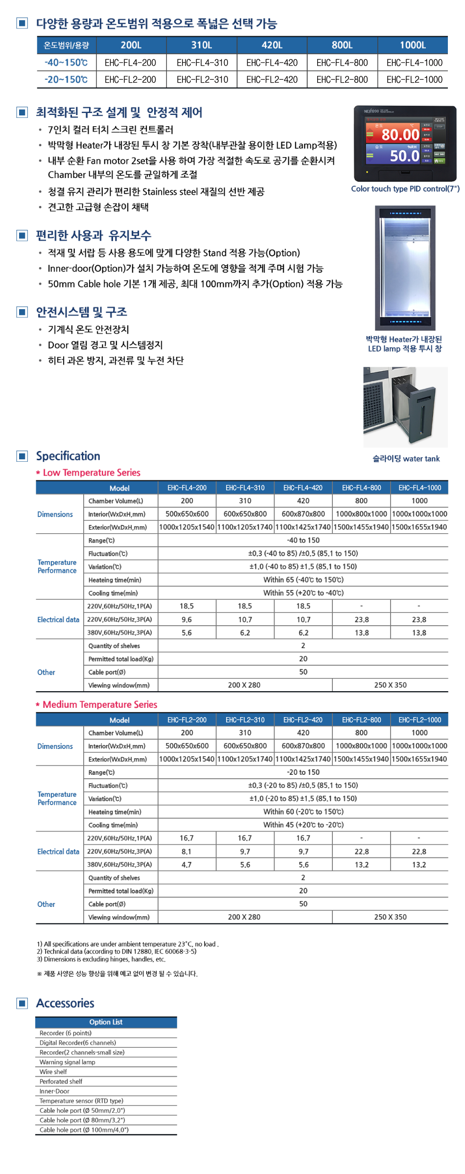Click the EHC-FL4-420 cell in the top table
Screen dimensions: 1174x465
pos(272,63)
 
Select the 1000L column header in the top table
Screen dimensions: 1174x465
pos(413,45)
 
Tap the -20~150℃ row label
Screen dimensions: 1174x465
pos(66,79)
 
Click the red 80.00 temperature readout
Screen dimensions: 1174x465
pos(400,135)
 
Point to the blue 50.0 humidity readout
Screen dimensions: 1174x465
pos(404,156)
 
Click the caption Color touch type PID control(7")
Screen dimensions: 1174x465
pos(405,189)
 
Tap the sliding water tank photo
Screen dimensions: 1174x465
pos(405,407)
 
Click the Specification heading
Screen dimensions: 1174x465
pos(68,456)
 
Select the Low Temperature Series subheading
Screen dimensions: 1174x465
pos(92,473)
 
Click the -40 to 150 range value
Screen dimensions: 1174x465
pos(303,540)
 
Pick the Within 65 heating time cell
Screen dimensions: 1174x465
pos(303,580)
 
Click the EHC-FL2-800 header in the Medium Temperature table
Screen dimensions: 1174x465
pos(361,720)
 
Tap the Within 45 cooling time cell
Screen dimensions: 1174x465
pos(303,825)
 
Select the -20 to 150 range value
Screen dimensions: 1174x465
pos(303,772)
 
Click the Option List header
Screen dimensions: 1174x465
pos(106,1022)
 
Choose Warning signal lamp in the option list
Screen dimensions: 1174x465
pos(68,1062)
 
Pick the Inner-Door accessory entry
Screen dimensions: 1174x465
pos(54,1091)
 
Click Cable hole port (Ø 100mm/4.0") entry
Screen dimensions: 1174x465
pos(84,1130)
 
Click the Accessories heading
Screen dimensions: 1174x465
pos(65,1003)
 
